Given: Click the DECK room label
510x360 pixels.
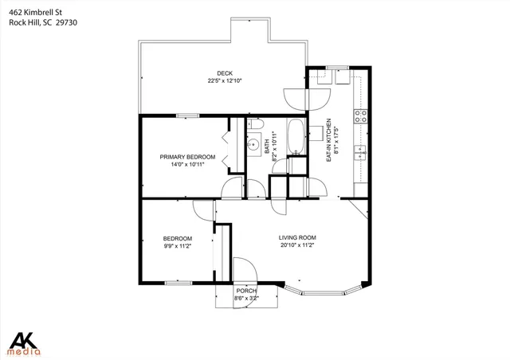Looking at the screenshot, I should (x=225, y=73).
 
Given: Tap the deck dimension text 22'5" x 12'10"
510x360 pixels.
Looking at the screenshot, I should (x=225, y=80).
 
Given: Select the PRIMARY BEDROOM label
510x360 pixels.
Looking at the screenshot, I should (x=187, y=157).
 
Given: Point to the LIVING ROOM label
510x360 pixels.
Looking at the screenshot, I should (x=297, y=237).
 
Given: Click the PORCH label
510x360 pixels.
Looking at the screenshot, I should (x=246, y=291).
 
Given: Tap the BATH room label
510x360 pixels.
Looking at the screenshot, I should (x=267, y=147).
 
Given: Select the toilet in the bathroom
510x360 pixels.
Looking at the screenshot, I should (x=255, y=126).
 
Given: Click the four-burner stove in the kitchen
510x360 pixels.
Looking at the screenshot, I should (x=361, y=115).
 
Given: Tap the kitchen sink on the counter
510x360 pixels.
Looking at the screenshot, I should (x=361, y=151).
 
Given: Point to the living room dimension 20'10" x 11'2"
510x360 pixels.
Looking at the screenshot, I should (x=297, y=245).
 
